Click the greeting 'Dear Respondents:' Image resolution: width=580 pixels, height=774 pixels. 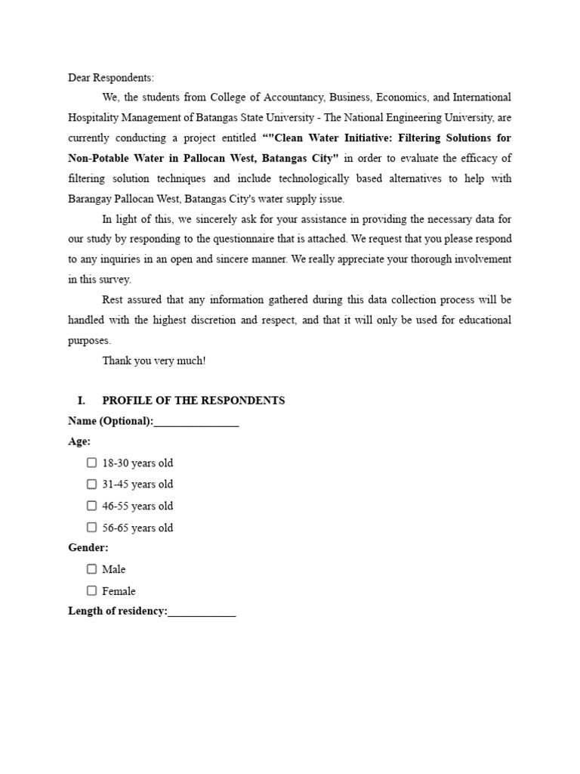pyautogui.click(x=110, y=78)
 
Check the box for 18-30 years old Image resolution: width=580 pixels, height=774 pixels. pyautogui.click(x=91, y=463)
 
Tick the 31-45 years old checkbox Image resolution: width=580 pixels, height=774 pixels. pyautogui.click(x=91, y=484)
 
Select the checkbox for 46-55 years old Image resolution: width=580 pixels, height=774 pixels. pyautogui.click(x=91, y=506)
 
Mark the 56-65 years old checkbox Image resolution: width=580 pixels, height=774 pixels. pyautogui.click(x=91, y=528)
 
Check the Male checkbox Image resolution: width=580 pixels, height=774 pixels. pyautogui.click(x=91, y=569)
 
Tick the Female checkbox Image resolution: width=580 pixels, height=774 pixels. pyautogui.click(x=91, y=591)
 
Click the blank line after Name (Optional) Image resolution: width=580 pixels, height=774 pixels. pyautogui.click(x=196, y=422)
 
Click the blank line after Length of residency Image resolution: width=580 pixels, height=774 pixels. pyautogui.click(x=202, y=613)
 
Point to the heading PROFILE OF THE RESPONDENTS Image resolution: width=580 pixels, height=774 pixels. pyautogui.click(x=193, y=401)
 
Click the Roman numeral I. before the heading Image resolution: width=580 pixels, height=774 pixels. pyautogui.click(x=82, y=401)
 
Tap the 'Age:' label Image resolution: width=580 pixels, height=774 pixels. pyautogui.click(x=79, y=441)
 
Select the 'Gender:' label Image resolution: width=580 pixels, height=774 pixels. pyautogui.click(x=88, y=547)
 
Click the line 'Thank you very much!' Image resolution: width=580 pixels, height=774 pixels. pyautogui.click(x=154, y=361)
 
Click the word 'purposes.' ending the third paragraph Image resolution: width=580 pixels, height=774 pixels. pyautogui.click(x=89, y=340)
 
